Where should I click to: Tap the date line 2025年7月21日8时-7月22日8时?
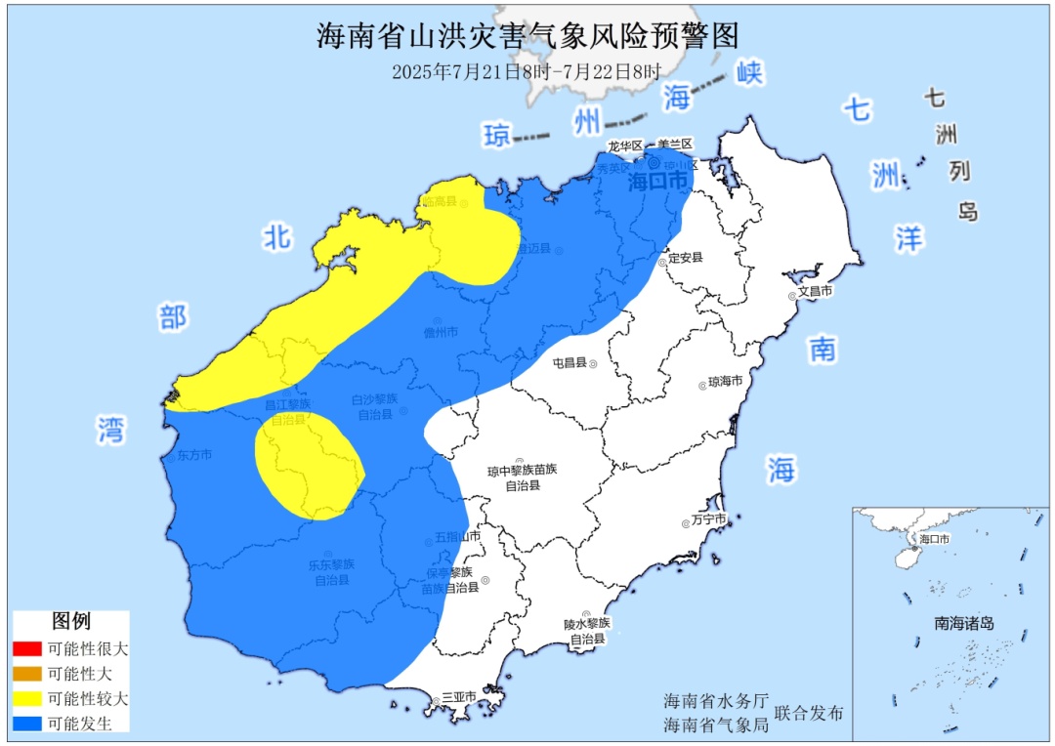pos(527,71)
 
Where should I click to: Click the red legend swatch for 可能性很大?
pos(27,648)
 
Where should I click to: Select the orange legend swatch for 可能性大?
pos(27,674)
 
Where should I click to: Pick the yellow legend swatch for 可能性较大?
pos(27,699)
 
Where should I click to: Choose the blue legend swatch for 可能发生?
pos(27,724)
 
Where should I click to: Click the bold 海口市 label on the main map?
pos(657,182)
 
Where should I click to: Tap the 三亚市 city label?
pos(458,697)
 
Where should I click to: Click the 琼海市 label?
pos(725,382)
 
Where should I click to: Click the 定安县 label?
pos(685,258)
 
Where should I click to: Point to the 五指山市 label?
pos(458,537)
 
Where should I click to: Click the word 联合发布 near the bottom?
pos(808,714)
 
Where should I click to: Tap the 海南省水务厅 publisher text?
pos(710,702)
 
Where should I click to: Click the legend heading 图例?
pos(70,621)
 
